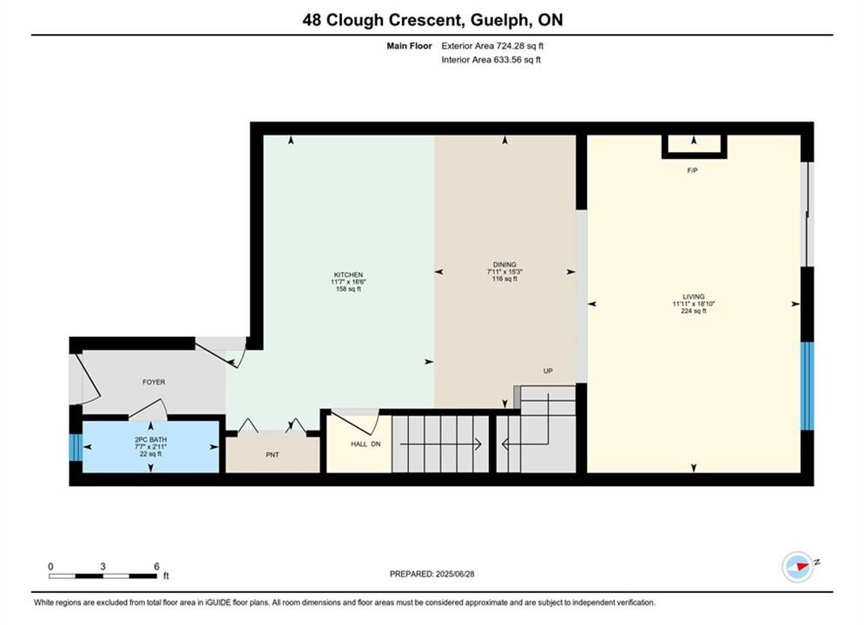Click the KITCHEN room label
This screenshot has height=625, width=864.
(x=348, y=275)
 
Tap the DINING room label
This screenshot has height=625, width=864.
(x=505, y=264)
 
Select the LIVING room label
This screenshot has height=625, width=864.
(x=693, y=296)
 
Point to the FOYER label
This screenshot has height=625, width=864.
(x=154, y=382)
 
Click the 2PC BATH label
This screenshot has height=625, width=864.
(x=151, y=439)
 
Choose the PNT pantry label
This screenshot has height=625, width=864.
(x=272, y=455)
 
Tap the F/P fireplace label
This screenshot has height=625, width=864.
(x=693, y=171)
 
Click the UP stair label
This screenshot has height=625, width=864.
(x=548, y=372)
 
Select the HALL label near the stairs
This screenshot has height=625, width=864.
(x=359, y=444)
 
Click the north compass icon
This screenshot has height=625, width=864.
(x=798, y=566)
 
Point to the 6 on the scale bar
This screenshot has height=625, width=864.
(x=156, y=566)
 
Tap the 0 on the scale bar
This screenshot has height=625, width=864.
(x=50, y=566)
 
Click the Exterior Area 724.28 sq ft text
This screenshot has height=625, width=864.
(x=492, y=46)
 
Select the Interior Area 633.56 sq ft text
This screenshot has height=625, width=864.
(x=491, y=60)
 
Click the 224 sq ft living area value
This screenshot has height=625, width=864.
(x=693, y=311)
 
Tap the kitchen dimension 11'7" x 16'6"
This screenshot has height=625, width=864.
(x=348, y=282)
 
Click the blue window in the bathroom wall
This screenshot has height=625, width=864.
(x=76, y=448)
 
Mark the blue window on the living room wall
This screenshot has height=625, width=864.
(x=807, y=385)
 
